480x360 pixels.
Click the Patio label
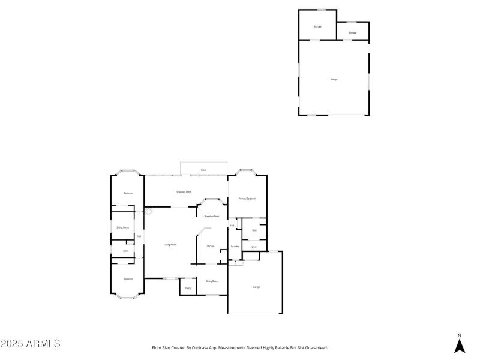pos(203,170)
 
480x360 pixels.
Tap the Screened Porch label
pos(184,192)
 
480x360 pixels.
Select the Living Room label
pos(170,245)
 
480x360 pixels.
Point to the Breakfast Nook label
pos(212,216)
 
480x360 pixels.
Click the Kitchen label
pos(211,246)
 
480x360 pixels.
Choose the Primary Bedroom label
pos(247,199)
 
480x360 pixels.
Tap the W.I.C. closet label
pos(254,247)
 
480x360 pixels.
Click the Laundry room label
pos(235,247)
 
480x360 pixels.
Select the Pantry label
pos(188,289)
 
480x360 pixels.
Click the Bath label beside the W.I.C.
pos(254,230)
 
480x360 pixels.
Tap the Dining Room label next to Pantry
pos(212,281)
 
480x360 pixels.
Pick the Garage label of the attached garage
pos(256,287)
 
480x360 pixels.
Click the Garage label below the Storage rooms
pos(334,79)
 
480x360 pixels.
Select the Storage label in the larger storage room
pos(317,26)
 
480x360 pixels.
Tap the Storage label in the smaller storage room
pos(353,32)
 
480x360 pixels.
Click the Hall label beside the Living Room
pos(139,236)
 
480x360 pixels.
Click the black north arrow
pos(460,346)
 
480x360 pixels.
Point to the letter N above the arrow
pos(460,335)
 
